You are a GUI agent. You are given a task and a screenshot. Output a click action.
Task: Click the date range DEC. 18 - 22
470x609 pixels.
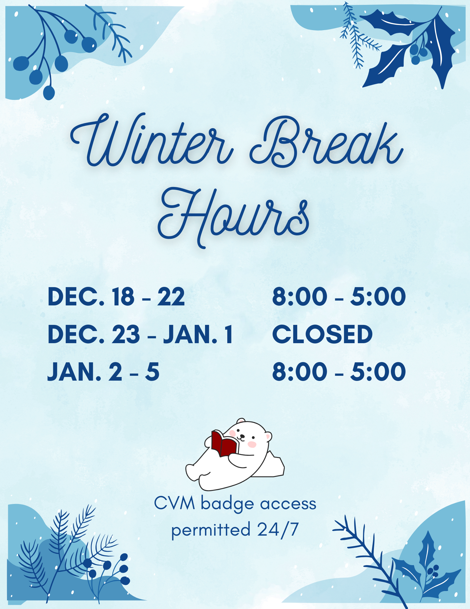[x=116, y=297]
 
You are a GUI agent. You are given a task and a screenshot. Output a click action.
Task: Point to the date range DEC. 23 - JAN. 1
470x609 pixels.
[x=140, y=334]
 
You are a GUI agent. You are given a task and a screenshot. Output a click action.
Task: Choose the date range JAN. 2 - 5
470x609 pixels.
[x=103, y=372]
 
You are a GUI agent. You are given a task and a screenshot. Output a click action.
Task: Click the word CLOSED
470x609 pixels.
[x=322, y=334]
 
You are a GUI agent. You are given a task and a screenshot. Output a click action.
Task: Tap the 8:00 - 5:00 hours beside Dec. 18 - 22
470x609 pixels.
[x=339, y=297]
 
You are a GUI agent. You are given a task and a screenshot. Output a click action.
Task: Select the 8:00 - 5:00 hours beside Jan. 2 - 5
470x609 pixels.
[x=339, y=372]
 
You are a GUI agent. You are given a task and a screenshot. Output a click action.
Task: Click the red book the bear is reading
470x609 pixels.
[x=224, y=443]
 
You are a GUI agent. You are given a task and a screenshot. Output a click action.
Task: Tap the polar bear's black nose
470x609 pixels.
[x=242, y=436]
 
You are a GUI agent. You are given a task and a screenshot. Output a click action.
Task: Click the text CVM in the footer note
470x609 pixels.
[x=175, y=503]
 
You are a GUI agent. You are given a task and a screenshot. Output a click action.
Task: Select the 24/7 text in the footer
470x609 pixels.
[x=278, y=530]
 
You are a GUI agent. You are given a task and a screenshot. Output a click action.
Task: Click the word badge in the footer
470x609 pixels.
[x=228, y=504]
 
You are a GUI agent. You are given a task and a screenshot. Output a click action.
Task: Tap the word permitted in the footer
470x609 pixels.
[x=211, y=531]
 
